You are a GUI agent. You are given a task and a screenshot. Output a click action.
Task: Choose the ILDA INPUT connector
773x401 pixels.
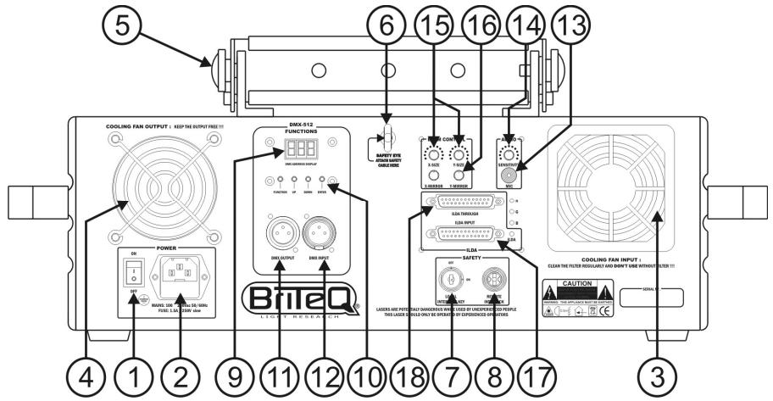point(468,235)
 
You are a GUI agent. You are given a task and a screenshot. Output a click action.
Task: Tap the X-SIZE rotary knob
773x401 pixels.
point(434,154)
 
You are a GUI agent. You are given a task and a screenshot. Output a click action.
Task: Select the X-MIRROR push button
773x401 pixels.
point(434,175)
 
